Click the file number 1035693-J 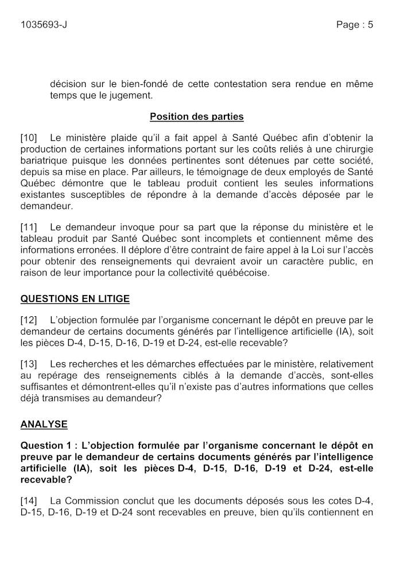[47, 25]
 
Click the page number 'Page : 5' [355, 25]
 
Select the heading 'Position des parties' [197, 117]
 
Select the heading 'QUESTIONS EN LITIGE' [75, 299]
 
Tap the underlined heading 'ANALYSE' [44, 425]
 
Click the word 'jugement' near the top [129, 95]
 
